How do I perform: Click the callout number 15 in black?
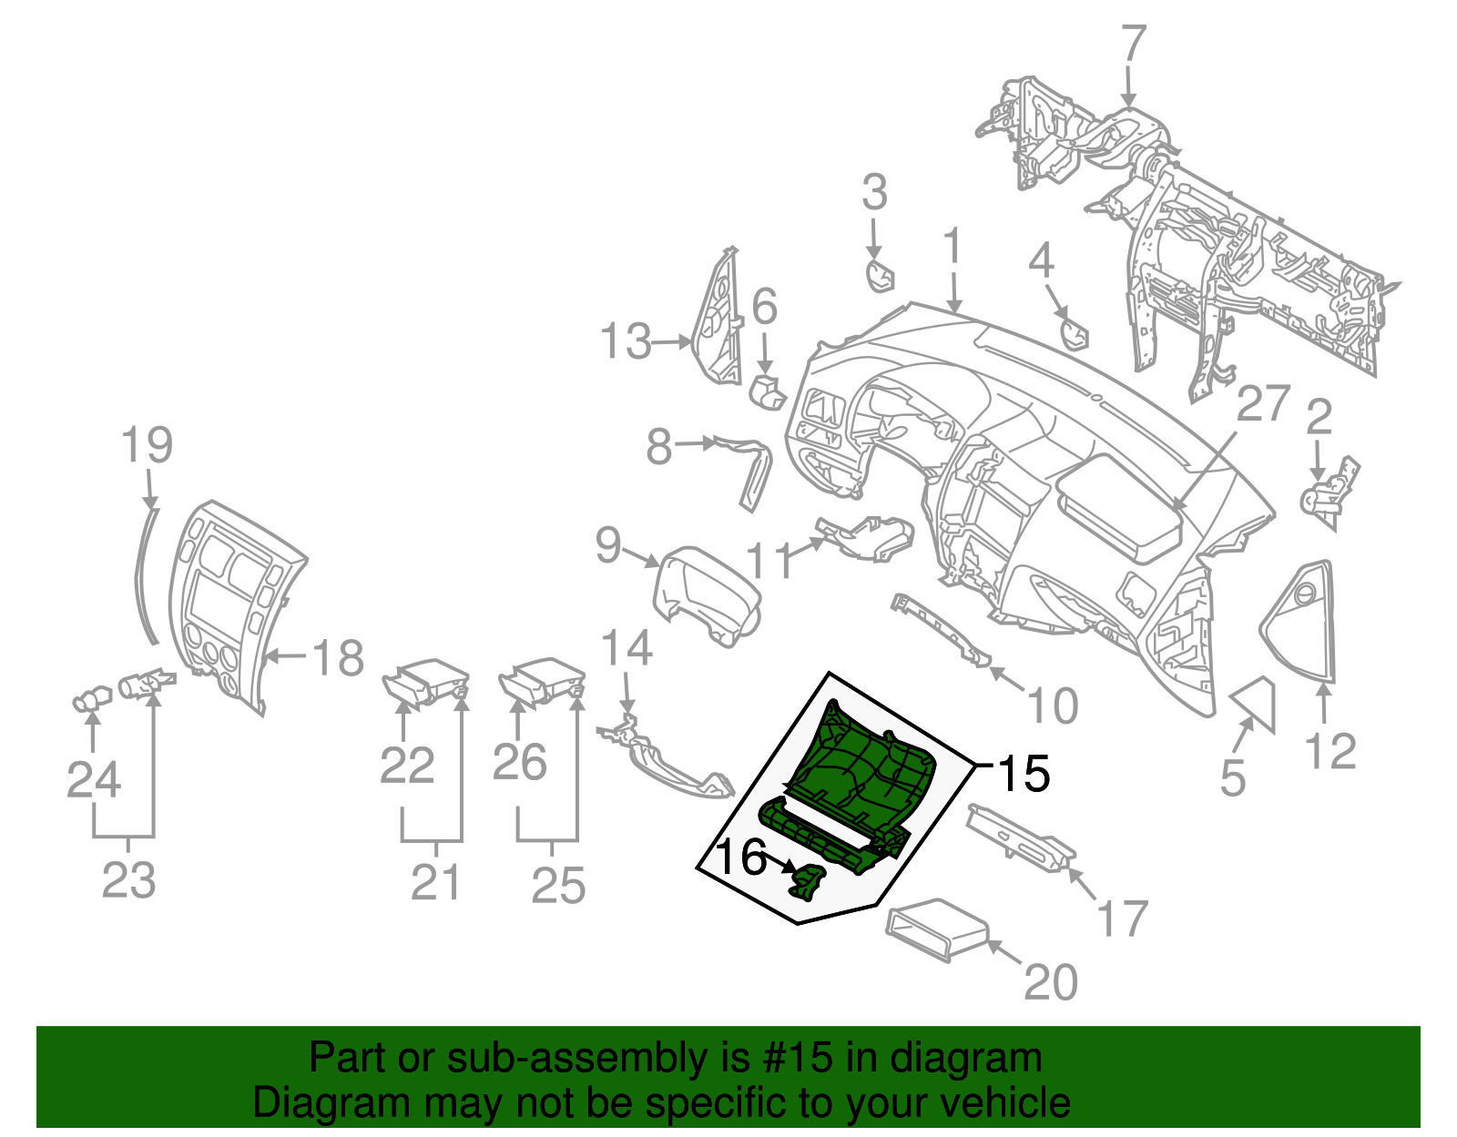pyautogui.click(x=1024, y=774)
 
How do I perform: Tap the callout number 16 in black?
pyautogui.click(x=741, y=858)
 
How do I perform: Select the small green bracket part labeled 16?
pyautogui.click(x=808, y=882)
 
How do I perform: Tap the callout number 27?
pyautogui.click(x=1263, y=404)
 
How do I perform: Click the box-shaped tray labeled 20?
pyautogui.click(x=938, y=929)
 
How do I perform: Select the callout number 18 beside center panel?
pyautogui.click(x=338, y=657)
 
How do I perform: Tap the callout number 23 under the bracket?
pyautogui.click(x=128, y=880)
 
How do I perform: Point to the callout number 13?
pyautogui.click(x=626, y=342)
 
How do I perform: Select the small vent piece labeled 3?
pyautogui.click(x=880, y=275)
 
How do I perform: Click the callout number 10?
pyautogui.click(x=1053, y=706)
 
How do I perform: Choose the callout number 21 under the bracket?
pyautogui.click(x=435, y=882)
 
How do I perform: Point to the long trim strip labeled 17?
pyautogui.click(x=1021, y=836)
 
